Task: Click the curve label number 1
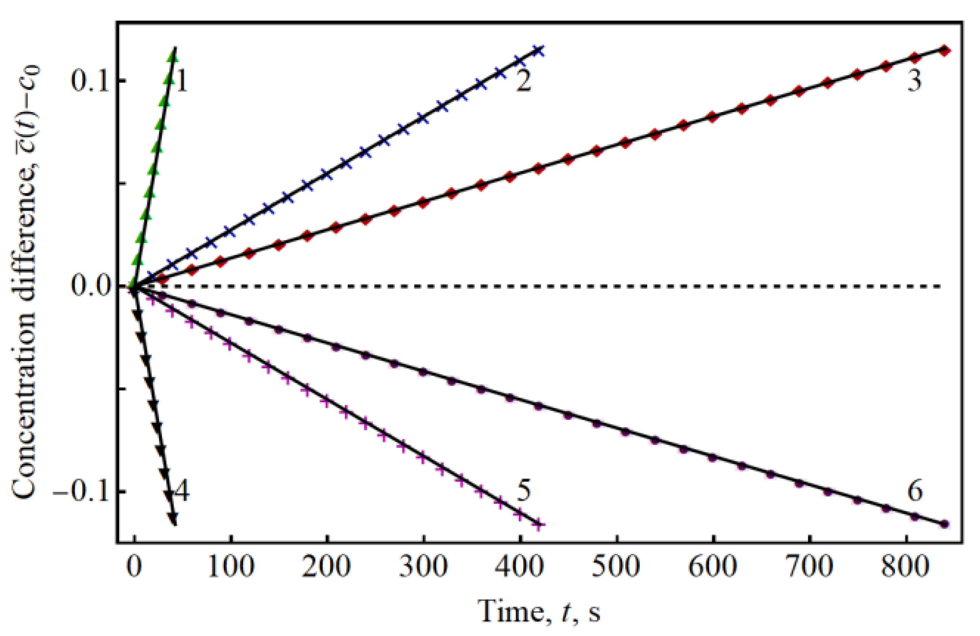pyautogui.click(x=181, y=81)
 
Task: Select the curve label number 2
pyautogui.click(x=523, y=81)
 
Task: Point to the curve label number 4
pyautogui.click(x=181, y=491)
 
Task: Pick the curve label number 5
pyautogui.click(x=523, y=491)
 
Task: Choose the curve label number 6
pyautogui.click(x=915, y=491)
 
